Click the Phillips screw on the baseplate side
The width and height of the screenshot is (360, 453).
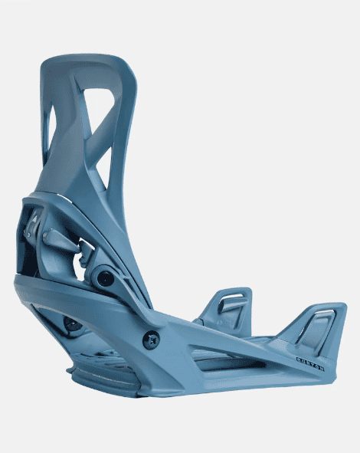point(151,336)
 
